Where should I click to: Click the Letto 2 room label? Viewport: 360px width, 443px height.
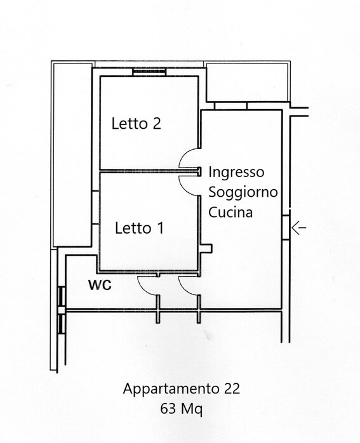coord(137,124)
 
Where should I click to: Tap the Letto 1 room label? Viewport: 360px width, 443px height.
coord(139,228)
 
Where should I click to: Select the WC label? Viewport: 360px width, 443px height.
coord(100,285)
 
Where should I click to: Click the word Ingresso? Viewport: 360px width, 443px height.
coord(236,173)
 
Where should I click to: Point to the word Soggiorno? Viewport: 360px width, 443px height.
coord(243,192)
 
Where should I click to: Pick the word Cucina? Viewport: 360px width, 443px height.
coord(230,212)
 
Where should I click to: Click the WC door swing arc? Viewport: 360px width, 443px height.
coord(143,289)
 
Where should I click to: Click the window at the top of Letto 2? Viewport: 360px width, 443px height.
coord(149,72)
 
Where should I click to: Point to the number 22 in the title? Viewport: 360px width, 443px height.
coord(232,389)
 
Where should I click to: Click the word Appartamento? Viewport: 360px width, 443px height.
coord(171,389)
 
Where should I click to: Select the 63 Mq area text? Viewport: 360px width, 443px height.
coord(181,409)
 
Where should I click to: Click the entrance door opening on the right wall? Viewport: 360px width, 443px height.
coord(286,227)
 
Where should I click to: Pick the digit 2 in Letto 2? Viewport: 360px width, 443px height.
coord(157,124)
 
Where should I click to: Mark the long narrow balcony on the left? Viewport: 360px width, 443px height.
coord(72,155)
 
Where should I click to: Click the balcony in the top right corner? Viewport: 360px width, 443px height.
coord(248,83)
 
